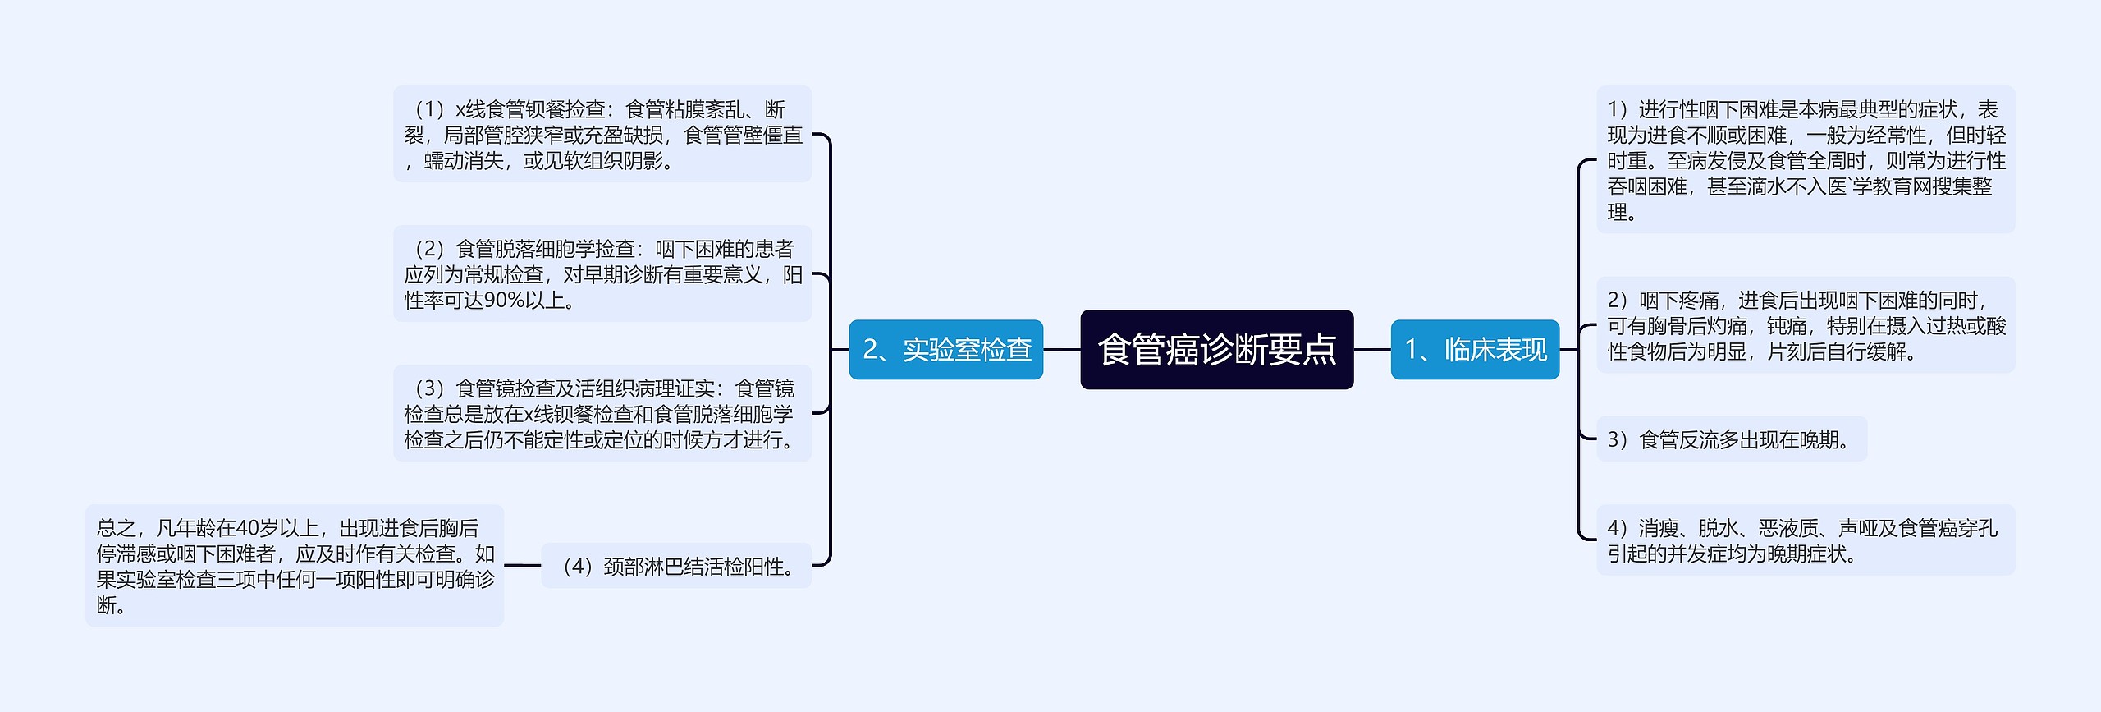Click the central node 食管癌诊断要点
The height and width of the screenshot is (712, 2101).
[1216, 350]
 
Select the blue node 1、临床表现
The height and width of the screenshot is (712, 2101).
[1475, 350]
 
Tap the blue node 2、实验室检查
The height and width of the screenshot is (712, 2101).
[945, 350]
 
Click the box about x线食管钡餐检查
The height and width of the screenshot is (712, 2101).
[602, 135]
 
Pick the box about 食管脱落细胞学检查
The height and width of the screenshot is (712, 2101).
[602, 274]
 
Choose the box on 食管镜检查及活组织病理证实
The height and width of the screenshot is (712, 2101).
[602, 414]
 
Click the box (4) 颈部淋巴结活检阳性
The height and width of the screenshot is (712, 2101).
[676, 566]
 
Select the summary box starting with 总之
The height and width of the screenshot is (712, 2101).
[294, 566]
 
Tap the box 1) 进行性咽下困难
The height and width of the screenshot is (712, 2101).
[1805, 160]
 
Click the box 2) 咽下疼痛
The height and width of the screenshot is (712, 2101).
[1805, 326]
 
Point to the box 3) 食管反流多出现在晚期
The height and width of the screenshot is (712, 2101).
[1731, 439]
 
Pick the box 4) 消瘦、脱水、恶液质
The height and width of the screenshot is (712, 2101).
[1805, 540]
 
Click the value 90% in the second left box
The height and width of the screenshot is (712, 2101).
[504, 301]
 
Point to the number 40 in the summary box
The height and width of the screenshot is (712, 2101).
[247, 528]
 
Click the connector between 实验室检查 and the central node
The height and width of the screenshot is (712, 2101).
[1062, 350]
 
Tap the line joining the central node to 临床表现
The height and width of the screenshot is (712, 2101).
[1371, 350]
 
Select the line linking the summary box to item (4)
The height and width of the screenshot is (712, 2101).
[522, 566]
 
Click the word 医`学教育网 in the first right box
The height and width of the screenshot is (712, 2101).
[1879, 186]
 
